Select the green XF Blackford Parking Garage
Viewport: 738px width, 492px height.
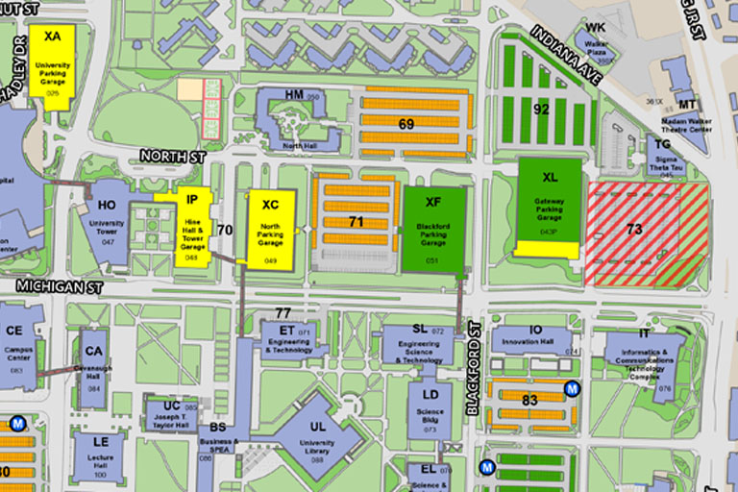click(x=433, y=229)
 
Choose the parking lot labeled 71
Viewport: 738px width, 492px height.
click(x=356, y=221)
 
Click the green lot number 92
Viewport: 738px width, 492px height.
click(x=542, y=108)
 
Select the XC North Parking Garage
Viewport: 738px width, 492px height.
click(x=270, y=229)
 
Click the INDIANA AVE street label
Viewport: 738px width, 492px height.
click(x=565, y=57)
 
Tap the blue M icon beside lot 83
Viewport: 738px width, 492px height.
click(x=572, y=389)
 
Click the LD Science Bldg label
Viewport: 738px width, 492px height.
click(x=430, y=403)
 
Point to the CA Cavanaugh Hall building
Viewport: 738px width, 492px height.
click(x=94, y=359)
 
